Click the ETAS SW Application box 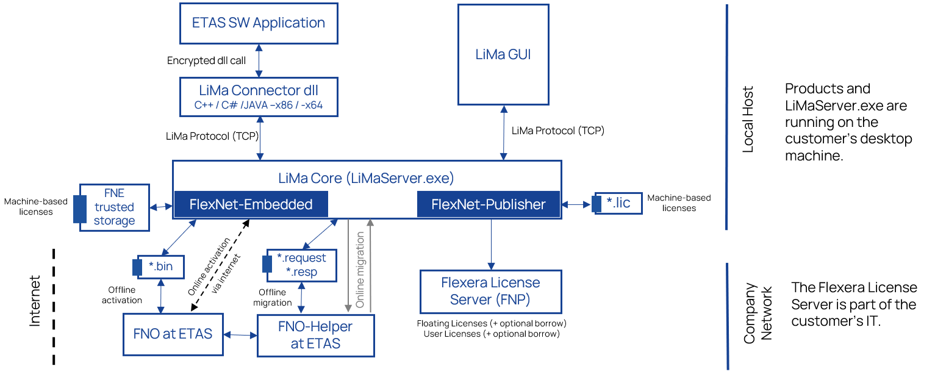[259, 23]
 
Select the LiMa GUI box [503, 54]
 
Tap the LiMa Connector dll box [259, 97]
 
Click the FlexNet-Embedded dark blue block [251, 204]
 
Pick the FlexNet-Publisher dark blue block [489, 204]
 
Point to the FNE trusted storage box [115, 207]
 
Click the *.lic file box [618, 203]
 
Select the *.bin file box [161, 266]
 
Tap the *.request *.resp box [301, 265]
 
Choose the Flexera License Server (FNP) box [490, 291]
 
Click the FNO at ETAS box [173, 334]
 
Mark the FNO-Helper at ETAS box [315, 335]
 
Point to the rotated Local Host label [748, 119]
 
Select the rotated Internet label [35, 301]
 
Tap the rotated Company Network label [757, 313]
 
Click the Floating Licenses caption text [491, 323]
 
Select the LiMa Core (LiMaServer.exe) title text [366, 179]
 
